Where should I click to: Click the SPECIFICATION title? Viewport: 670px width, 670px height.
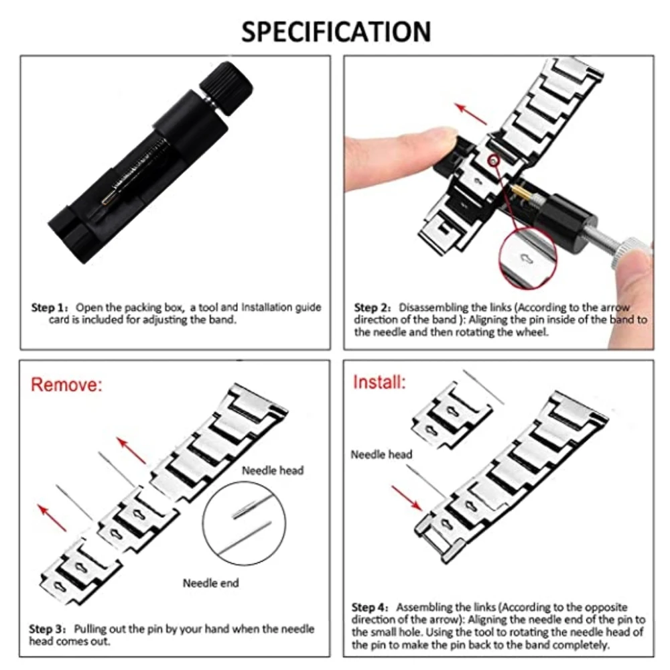point(336,31)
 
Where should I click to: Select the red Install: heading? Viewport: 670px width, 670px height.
point(379,383)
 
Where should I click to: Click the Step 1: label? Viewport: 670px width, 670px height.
point(51,308)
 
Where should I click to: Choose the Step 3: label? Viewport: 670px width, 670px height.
point(48,629)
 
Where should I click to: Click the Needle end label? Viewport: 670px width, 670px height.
point(210,583)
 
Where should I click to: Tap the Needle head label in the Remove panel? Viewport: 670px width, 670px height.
point(273,470)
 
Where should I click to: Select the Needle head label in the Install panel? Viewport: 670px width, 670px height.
point(381,454)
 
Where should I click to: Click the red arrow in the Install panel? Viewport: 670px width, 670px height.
point(407,497)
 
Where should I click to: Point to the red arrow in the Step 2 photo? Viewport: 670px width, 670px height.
point(471,113)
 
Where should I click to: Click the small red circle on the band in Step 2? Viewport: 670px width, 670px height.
point(494,160)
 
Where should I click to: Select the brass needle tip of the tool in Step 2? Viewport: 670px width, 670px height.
point(521,193)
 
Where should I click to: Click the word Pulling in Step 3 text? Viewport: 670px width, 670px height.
point(90,629)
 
